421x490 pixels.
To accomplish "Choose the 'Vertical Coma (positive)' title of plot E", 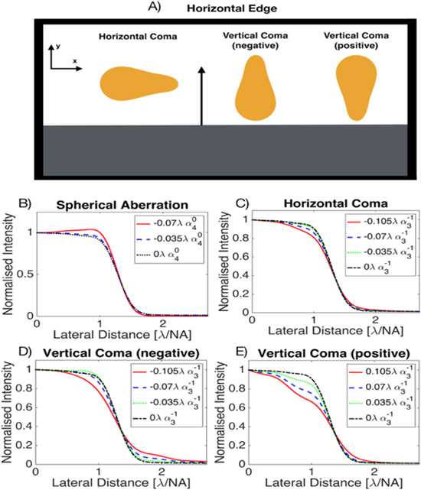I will (x=324, y=352).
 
